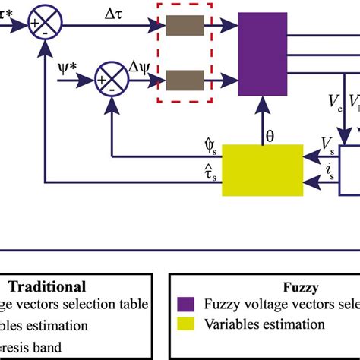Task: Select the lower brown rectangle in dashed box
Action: point(182,79)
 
